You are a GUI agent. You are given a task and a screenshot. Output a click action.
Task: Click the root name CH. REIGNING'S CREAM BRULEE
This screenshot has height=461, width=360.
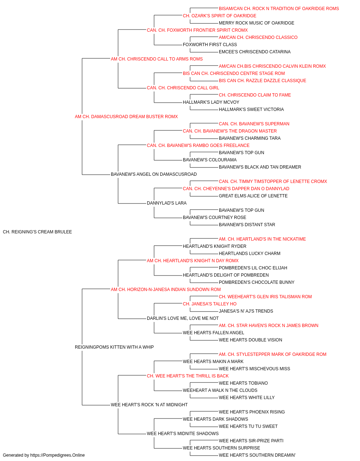pyautogui.click(x=37, y=232)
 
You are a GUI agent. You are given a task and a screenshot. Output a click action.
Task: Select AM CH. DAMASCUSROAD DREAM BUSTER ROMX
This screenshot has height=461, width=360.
pyautogui.click(x=126, y=117)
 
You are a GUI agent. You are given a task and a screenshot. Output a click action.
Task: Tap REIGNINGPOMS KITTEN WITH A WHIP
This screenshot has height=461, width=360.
pyautogui.click(x=114, y=347)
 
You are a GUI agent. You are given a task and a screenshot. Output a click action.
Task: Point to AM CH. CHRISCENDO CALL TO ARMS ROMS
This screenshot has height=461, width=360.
pyautogui.click(x=157, y=59)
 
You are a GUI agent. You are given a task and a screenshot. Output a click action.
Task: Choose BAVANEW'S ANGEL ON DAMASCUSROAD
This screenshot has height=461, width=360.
pyautogui.click(x=154, y=174)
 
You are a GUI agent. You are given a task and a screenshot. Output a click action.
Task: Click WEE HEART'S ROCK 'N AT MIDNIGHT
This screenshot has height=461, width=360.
pyautogui.click(x=149, y=405)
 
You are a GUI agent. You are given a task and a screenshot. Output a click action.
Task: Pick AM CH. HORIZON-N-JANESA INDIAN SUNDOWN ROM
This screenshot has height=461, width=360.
pyautogui.click(x=166, y=290)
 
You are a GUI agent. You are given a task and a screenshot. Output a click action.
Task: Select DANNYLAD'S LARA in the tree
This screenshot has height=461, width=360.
pyautogui.click(x=167, y=203)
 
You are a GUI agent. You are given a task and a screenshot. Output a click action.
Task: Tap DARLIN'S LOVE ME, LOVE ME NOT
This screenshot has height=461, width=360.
pyautogui.click(x=183, y=318)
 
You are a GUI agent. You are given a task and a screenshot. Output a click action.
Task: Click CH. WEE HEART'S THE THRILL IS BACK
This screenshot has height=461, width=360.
pyautogui.click(x=188, y=376)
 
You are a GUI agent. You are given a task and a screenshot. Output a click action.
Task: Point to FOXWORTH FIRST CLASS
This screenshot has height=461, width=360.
pyautogui.click(x=210, y=45)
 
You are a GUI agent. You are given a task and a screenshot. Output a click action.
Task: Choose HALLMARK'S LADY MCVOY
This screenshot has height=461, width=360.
pyautogui.click(x=211, y=102)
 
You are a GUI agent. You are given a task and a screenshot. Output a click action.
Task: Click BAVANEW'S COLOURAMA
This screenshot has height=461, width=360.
pyautogui.click(x=210, y=160)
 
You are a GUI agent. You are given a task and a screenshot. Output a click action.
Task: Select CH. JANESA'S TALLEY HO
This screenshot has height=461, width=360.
pyautogui.click(x=210, y=304)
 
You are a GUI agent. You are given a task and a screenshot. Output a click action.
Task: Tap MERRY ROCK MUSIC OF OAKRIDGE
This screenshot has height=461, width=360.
pyautogui.click(x=257, y=23)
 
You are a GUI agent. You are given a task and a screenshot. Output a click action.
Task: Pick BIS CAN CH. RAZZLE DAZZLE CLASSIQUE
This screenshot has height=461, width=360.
pyautogui.click(x=262, y=81)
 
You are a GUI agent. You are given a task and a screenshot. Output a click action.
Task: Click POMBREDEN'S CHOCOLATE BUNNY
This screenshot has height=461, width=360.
pyautogui.click(x=257, y=282)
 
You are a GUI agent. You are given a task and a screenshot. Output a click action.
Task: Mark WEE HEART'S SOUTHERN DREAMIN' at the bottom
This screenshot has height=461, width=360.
pyautogui.click(x=257, y=455)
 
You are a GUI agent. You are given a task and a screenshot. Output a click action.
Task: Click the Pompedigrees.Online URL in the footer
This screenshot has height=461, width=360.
pyautogui.click(x=58, y=455)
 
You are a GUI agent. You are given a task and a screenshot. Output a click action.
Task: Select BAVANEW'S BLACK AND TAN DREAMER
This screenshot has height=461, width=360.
pyautogui.click(x=260, y=167)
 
